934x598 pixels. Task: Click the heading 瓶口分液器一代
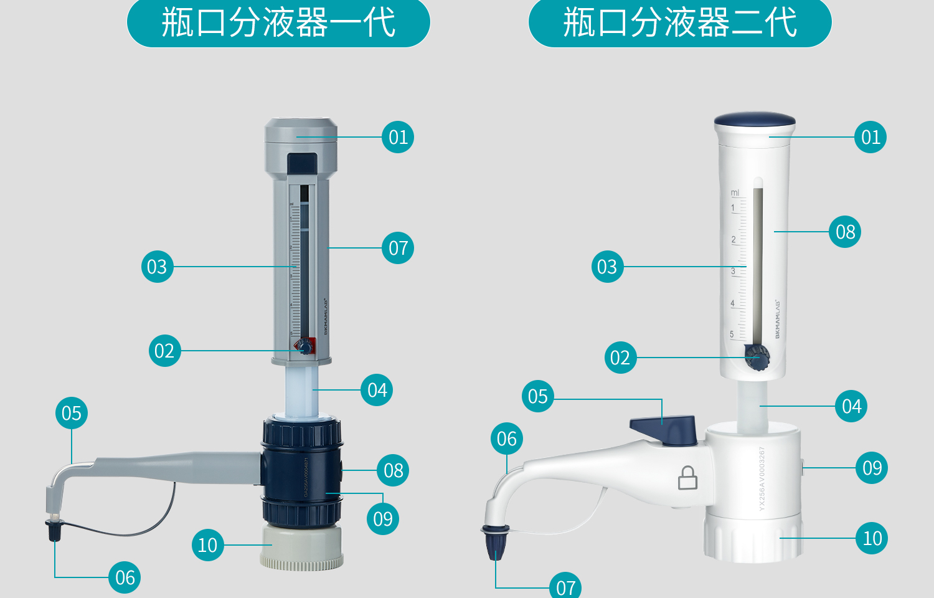pyautogui.click(x=278, y=23)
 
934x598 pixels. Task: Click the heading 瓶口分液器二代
pyautogui.click(x=680, y=23)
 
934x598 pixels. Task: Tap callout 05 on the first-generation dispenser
pyautogui.click(x=72, y=413)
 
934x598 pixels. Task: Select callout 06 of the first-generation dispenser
pyautogui.click(x=125, y=577)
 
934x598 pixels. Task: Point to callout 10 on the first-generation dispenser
pyautogui.click(x=207, y=545)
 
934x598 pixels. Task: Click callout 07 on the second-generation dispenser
pyautogui.click(x=565, y=587)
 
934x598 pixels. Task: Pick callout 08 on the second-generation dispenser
pyautogui.click(x=845, y=232)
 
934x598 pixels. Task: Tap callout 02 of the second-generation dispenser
pyautogui.click(x=620, y=358)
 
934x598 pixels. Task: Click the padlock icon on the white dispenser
pyautogui.click(x=687, y=478)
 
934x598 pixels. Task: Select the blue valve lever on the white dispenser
pyautogui.click(x=664, y=429)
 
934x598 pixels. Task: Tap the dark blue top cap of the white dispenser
pyautogui.click(x=755, y=119)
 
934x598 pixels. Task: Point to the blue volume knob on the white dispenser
pyautogui.click(x=757, y=358)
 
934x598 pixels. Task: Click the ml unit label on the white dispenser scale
pyautogui.click(x=735, y=193)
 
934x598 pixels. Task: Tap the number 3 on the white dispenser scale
pyautogui.click(x=734, y=271)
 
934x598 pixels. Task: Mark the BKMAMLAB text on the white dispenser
pyautogui.click(x=777, y=319)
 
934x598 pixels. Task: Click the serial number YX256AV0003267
pyautogui.click(x=762, y=478)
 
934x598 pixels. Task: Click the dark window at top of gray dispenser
pyautogui.click(x=302, y=164)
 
